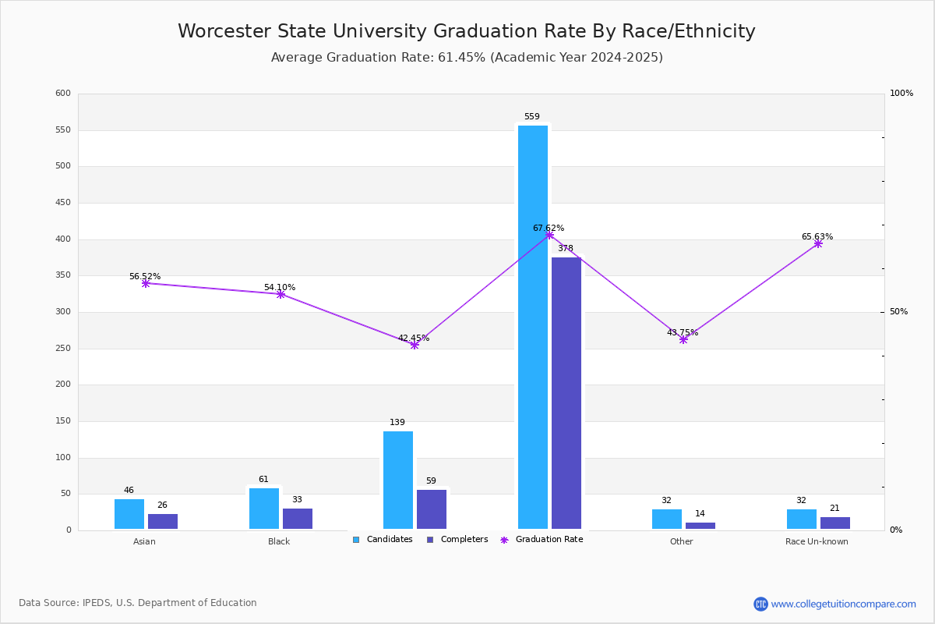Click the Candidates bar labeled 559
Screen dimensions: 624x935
coord(533,327)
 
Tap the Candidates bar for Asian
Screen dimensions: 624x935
coord(129,514)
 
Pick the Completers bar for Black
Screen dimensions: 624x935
coord(298,519)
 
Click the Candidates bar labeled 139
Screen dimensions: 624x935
coord(398,480)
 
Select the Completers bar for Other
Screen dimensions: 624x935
coord(700,526)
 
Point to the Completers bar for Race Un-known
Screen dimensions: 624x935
coord(835,523)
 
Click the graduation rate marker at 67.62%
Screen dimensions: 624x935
coord(549,235)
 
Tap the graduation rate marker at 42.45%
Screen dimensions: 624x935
coord(415,345)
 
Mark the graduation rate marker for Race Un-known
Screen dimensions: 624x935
coord(818,244)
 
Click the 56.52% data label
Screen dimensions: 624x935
coord(145,277)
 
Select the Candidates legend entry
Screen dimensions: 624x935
coord(383,540)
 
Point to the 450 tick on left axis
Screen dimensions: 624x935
coord(62,203)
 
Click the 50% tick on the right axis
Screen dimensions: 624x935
coord(898,312)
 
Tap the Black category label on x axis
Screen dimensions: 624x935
coord(279,541)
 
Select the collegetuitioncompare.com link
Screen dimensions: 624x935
coord(843,604)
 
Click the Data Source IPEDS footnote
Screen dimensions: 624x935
coord(138,603)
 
